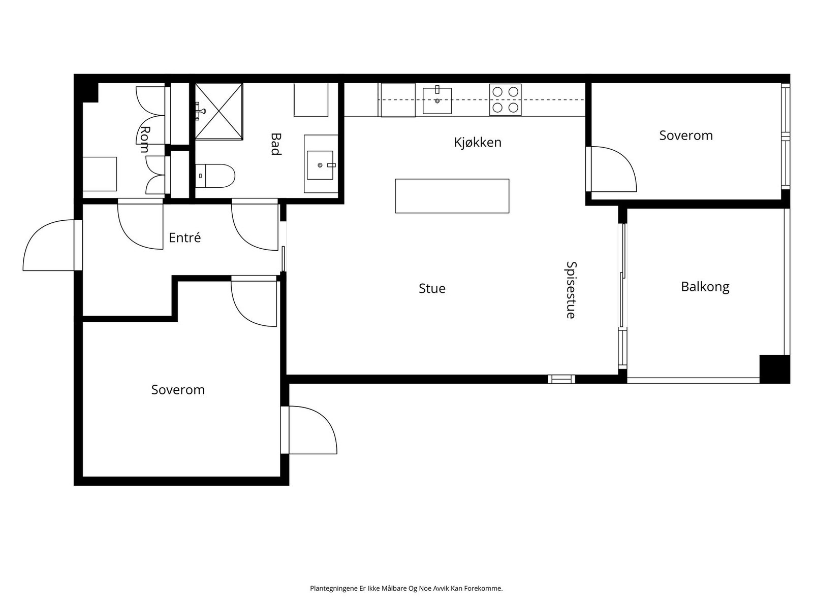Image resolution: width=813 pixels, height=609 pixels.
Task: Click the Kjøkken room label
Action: [x=477, y=143]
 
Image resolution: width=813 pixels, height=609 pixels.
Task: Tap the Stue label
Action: [x=432, y=289]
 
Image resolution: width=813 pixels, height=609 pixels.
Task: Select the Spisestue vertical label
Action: [x=571, y=290]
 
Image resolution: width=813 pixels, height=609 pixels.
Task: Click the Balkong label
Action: [x=705, y=287]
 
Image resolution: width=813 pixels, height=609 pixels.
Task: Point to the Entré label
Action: [x=184, y=238]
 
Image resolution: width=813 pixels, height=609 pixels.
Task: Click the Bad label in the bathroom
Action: [x=276, y=144]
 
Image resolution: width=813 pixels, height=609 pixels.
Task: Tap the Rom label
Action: [x=145, y=140]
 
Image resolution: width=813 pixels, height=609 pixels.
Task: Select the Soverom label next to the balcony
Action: [x=685, y=136]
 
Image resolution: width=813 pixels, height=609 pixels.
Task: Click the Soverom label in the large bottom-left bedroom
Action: [x=178, y=390]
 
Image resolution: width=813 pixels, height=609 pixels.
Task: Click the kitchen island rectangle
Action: [x=452, y=195]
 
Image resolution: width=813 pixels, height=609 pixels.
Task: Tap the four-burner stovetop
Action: [x=505, y=99]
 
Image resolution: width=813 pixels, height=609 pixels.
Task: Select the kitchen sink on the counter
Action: [x=437, y=100]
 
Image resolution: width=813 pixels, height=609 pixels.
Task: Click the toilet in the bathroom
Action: [x=216, y=176]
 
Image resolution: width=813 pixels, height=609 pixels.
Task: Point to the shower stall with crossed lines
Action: [x=219, y=111]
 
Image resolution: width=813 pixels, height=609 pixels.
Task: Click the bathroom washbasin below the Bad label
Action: [x=320, y=164]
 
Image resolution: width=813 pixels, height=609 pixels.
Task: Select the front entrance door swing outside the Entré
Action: [x=50, y=246]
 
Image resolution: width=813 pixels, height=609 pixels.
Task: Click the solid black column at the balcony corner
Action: [x=774, y=368]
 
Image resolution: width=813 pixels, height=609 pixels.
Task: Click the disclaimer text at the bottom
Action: [x=406, y=589]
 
